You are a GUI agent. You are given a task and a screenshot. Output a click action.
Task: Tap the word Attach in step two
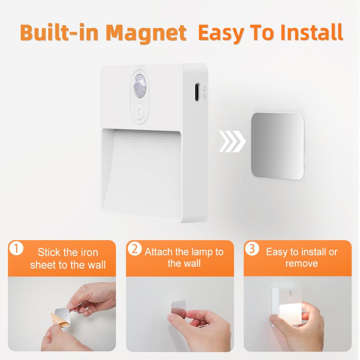pyautogui.click(x=158, y=252)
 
